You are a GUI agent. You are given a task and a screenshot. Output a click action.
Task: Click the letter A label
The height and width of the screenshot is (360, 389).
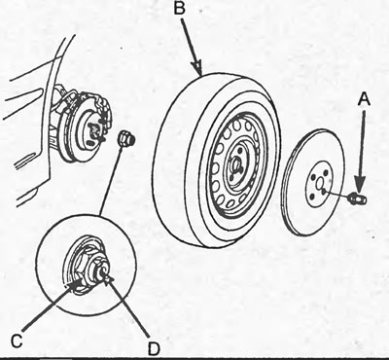364,98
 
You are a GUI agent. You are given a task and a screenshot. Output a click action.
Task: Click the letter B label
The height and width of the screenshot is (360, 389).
179,9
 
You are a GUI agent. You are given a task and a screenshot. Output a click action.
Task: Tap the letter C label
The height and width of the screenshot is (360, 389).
17,341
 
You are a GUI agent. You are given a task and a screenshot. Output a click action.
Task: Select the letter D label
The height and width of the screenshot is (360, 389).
154,348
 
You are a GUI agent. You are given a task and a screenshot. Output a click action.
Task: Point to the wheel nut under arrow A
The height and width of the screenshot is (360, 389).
357,198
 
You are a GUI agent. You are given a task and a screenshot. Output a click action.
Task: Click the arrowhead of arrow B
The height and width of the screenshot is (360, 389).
198,68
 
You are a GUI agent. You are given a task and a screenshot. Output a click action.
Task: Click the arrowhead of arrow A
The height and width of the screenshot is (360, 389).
360,184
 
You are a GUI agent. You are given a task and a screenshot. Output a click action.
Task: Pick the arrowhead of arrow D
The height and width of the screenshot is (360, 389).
108,278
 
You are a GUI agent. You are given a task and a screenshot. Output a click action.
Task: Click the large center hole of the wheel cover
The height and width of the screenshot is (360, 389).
319,185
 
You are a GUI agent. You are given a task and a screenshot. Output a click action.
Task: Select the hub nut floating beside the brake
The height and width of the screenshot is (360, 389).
125,138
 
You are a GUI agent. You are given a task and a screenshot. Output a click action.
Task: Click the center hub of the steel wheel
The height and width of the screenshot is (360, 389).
236,166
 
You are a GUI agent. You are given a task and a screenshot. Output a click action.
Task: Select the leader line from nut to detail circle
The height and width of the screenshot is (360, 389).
111,180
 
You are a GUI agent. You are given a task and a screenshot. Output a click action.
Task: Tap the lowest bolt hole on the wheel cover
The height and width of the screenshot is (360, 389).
312,197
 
